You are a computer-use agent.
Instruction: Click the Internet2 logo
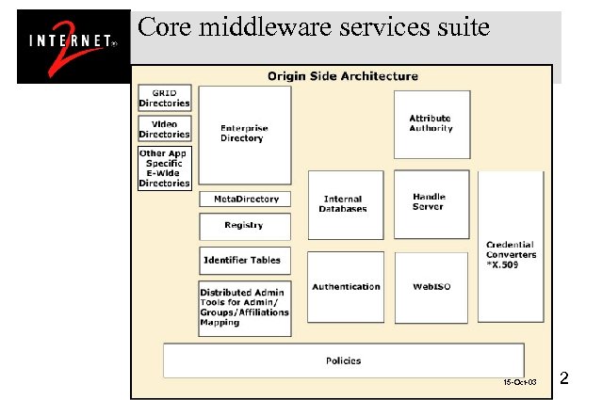click(73, 46)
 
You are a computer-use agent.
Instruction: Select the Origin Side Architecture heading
click(343, 76)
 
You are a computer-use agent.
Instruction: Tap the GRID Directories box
click(165, 98)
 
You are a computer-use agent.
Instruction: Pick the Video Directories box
click(165, 129)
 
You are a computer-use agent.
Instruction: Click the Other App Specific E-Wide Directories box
click(165, 168)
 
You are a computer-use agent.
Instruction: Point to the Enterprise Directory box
click(244, 135)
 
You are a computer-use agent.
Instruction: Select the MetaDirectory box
click(245, 200)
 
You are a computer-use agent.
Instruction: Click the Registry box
click(244, 226)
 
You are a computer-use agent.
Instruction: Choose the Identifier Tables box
click(244, 260)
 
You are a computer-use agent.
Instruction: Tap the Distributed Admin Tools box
click(244, 307)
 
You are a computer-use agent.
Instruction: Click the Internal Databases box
click(345, 204)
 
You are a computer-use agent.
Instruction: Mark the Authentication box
click(346, 287)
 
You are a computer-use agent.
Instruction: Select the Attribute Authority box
click(431, 124)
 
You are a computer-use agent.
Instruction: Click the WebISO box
click(431, 287)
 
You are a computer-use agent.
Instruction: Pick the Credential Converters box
click(511, 254)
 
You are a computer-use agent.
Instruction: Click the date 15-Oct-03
click(519, 383)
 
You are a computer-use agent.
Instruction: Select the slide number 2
click(563, 379)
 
